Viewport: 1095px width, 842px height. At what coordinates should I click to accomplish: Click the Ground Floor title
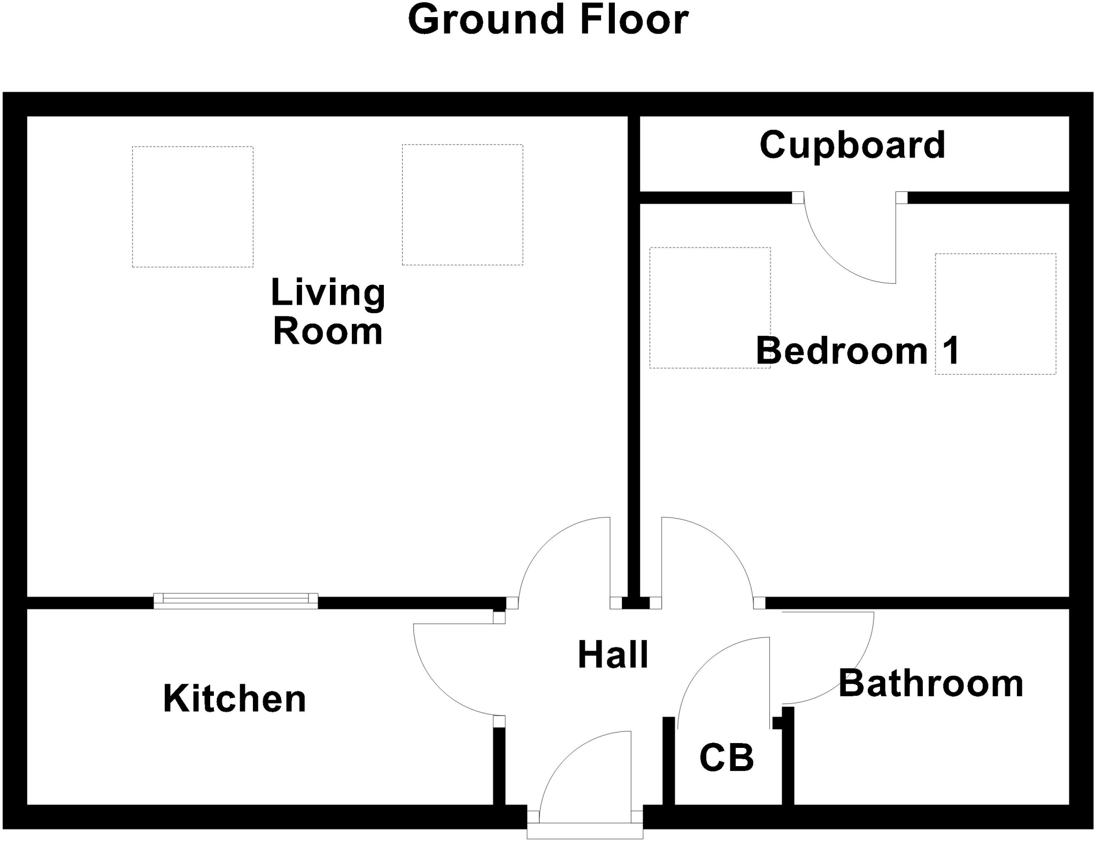548,20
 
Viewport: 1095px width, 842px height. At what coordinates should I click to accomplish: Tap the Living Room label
328,312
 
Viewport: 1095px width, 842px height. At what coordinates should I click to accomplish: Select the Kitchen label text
234,699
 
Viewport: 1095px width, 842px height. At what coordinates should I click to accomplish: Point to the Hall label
613,655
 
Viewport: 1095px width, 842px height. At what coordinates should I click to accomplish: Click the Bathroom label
931,684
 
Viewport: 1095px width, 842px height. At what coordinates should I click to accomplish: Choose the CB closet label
727,758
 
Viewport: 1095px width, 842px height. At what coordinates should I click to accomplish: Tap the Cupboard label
852,145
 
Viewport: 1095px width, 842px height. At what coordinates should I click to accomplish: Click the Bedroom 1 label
858,351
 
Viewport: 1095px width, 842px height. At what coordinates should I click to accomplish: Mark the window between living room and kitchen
236,601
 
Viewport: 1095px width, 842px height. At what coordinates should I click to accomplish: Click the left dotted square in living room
192,207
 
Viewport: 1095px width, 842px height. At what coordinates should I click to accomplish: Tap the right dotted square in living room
462,205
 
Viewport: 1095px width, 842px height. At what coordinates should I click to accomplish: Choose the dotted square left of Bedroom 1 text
710,307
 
